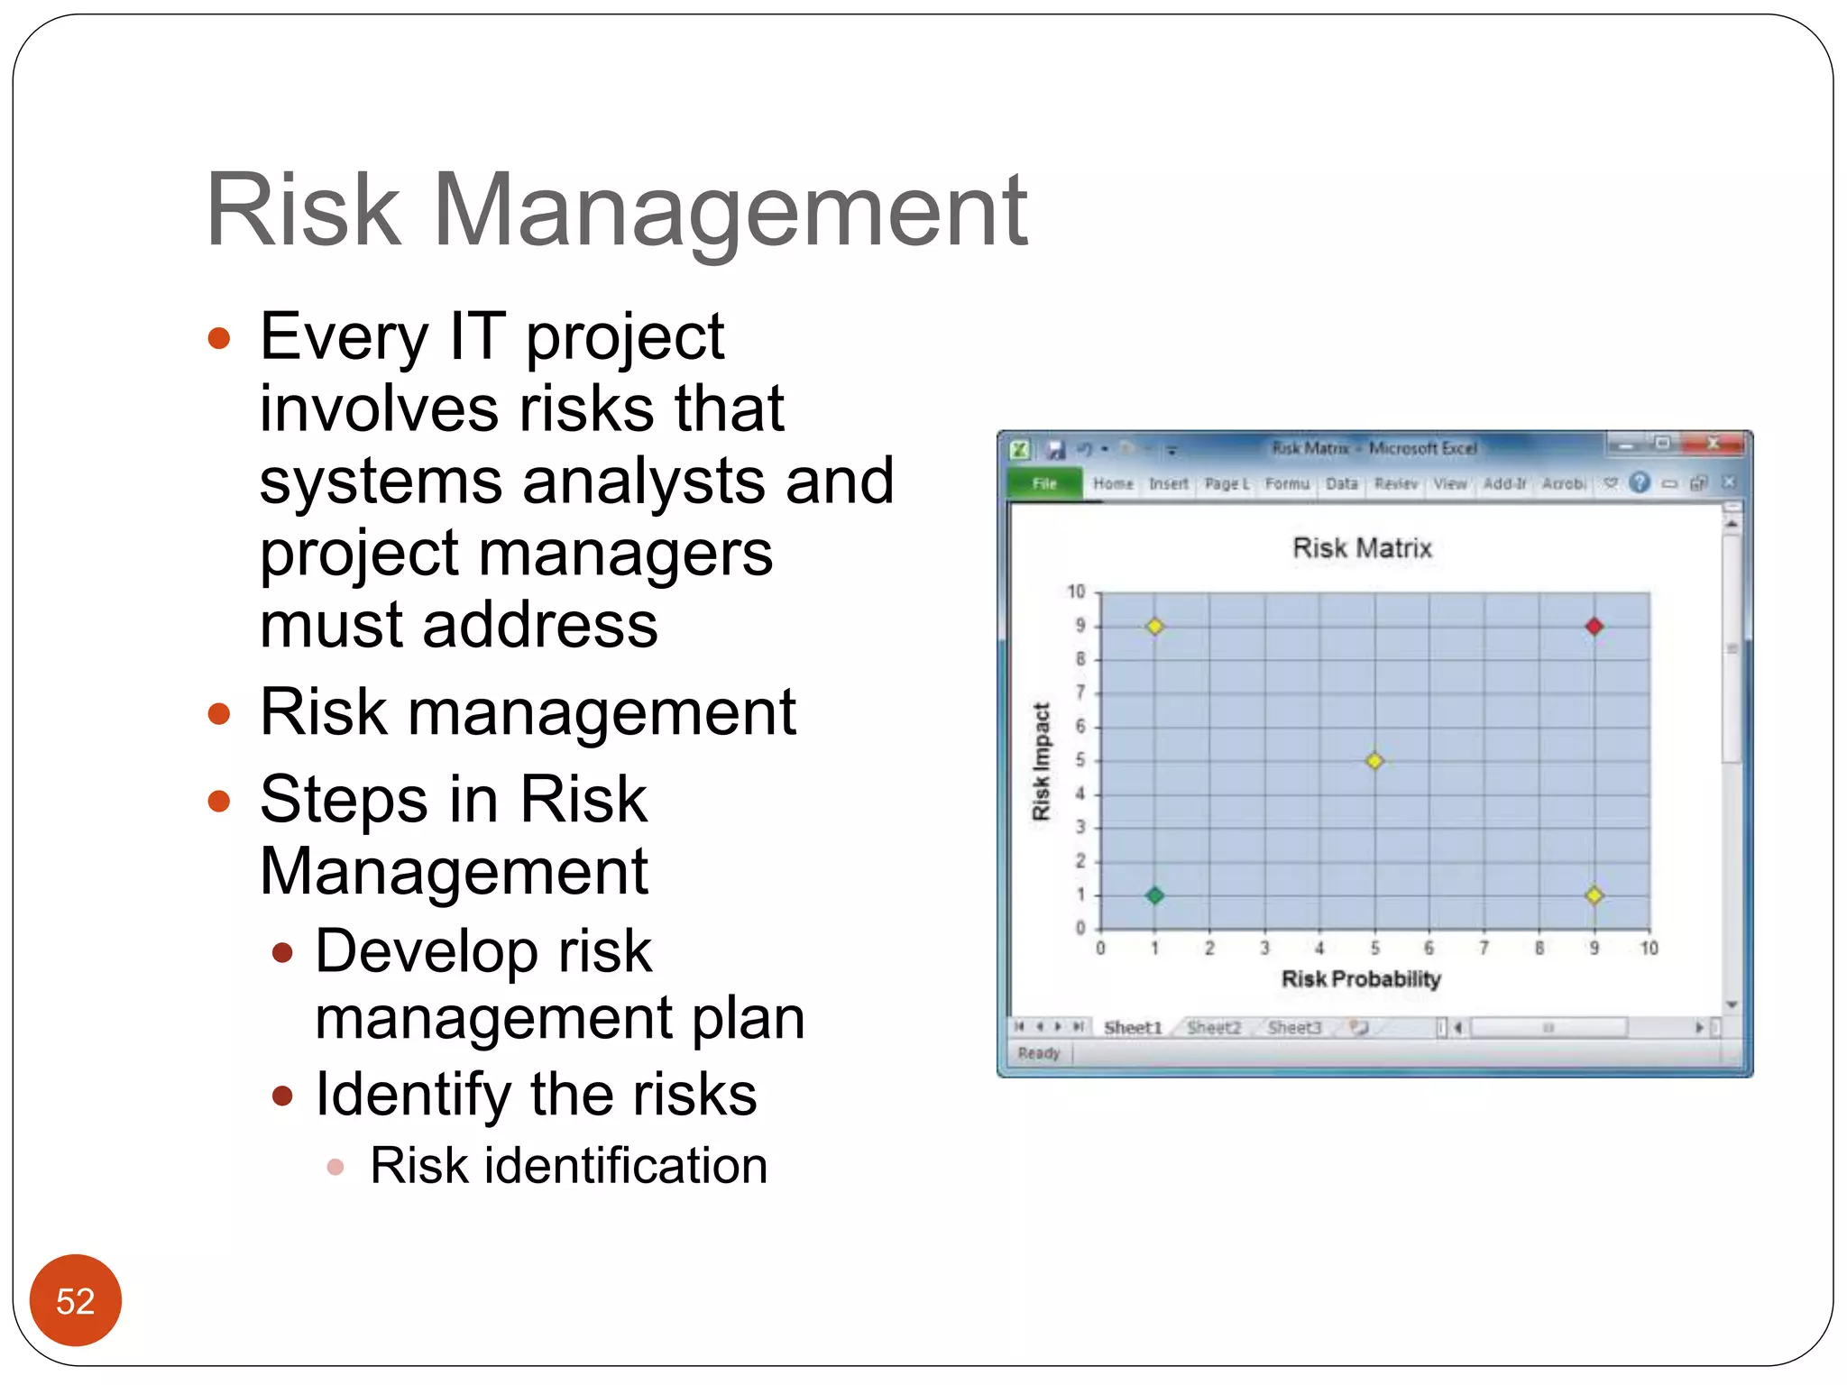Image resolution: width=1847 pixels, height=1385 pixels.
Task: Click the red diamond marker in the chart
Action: pos(1594,626)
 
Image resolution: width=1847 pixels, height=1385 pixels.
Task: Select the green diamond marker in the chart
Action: pos(1154,895)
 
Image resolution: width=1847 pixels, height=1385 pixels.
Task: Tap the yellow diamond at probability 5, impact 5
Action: pos(1374,761)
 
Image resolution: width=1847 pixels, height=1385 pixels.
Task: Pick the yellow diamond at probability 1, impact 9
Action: pos(1154,626)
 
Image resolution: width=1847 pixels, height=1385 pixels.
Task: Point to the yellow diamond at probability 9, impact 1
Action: pos(1594,895)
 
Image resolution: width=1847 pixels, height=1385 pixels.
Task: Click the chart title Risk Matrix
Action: pos(1362,548)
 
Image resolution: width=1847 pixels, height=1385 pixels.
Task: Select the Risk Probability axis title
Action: pos(1361,979)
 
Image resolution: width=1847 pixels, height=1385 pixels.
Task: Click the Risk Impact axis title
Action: pos(1042,761)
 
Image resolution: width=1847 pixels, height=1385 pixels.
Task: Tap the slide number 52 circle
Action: pos(76,1300)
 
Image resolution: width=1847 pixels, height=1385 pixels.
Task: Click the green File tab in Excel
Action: pos(1044,484)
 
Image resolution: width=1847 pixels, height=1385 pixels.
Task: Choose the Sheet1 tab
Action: pos(1133,1028)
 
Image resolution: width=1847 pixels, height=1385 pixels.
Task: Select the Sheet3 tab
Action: pos(1293,1028)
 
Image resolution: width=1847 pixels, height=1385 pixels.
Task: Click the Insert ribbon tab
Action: pos(1168,484)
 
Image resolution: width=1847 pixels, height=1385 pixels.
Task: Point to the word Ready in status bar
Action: pos(1039,1053)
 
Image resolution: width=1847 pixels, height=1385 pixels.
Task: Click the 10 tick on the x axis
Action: pos(1649,949)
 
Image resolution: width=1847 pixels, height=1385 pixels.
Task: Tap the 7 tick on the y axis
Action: pos(1080,692)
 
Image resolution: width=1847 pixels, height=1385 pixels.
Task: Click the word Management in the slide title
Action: pos(731,211)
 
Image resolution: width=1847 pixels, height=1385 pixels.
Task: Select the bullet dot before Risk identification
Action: pos(335,1168)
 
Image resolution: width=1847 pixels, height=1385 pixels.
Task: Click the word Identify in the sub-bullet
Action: pos(413,1095)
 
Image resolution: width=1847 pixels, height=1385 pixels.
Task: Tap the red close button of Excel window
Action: pos(1714,444)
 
